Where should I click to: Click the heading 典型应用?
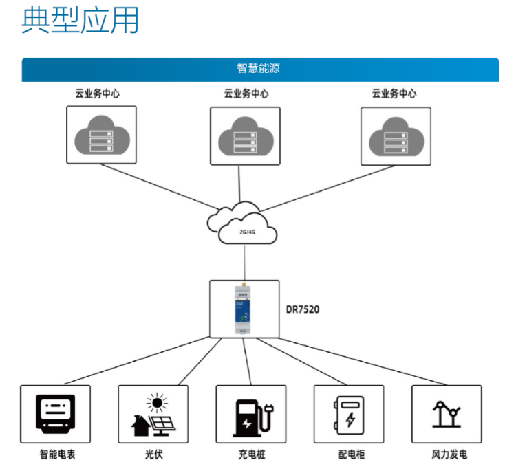tap(80, 21)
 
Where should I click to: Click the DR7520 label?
tap(303, 309)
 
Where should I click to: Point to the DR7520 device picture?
tap(244, 309)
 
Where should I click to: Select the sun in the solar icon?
tap(158, 403)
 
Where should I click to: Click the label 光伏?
tap(154, 455)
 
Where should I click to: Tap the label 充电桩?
tap(252, 455)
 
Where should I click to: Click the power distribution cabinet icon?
tap(350, 414)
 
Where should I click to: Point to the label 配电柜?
tap(350, 455)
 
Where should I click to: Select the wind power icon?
tap(447, 414)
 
